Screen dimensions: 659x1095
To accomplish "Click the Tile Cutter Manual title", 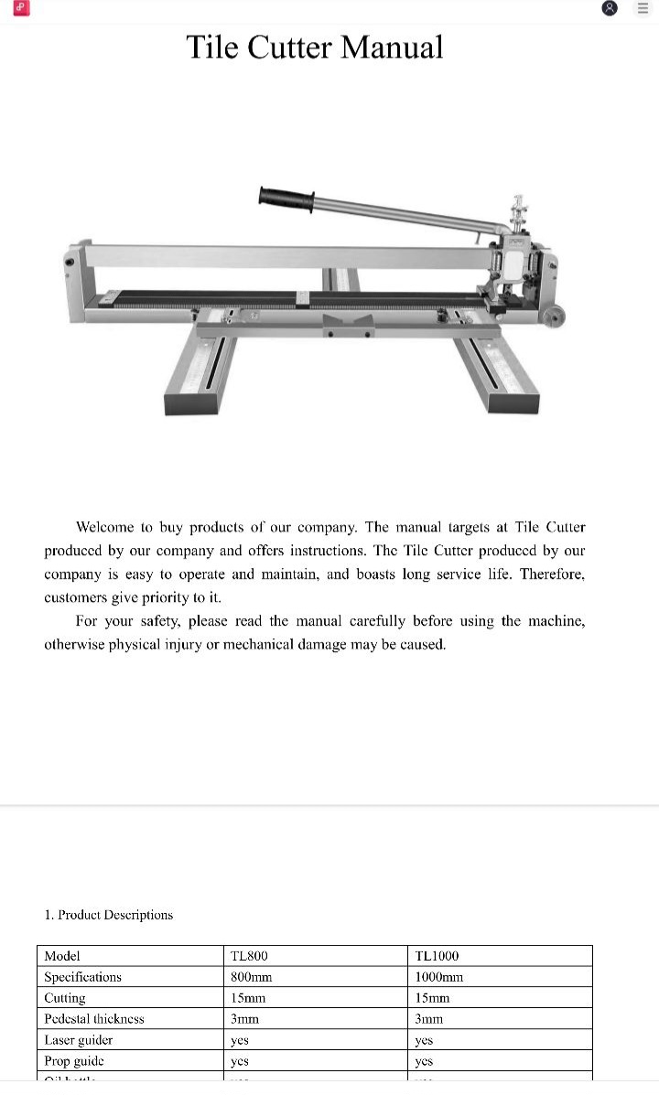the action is click(315, 47).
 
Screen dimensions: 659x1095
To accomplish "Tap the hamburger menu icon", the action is click(642, 8).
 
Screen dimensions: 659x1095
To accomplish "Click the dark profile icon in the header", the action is click(610, 8).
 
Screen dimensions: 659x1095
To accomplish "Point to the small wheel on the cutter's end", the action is click(553, 317).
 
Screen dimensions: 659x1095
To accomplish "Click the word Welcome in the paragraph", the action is click(105, 527).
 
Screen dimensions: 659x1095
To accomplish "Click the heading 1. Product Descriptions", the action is click(108, 915).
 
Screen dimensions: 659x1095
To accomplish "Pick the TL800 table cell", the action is click(250, 956).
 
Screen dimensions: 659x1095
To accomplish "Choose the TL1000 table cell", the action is click(437, 956).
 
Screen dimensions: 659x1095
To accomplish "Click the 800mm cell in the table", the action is click(252, 977).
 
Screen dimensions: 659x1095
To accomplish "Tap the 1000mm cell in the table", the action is click(438, 977).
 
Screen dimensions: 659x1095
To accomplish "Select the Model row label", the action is click(62, 956).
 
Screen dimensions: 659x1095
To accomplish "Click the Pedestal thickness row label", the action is click(94, 1018).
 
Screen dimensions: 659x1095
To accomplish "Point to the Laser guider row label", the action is click(79, 1039).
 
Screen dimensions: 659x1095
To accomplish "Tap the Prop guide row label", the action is click(74, 1060).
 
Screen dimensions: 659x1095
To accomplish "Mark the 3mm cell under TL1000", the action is click(428, 1018).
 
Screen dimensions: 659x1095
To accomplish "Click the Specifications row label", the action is click(82, 977).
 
